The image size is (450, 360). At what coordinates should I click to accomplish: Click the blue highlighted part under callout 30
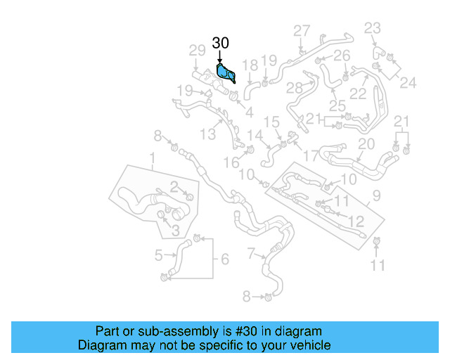(226, 72)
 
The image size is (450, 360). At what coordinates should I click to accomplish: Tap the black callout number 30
(220, 44)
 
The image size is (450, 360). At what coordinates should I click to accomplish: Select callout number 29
(198, 50)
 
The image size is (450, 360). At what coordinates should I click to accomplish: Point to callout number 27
(302, 31)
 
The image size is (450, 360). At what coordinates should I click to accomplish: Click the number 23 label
(372, 28)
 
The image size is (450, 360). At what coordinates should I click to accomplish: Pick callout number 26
(342, 56)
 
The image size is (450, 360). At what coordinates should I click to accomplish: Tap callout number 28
(295, 88)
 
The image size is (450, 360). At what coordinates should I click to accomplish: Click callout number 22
(359, 94)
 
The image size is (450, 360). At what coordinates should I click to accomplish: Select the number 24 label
(409, 82)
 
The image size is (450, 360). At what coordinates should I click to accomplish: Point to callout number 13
(208, 134)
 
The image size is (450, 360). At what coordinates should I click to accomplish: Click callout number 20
(366, 144)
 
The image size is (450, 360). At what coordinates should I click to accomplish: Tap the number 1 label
(153, 167)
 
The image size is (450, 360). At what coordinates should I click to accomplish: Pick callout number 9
(376, 195)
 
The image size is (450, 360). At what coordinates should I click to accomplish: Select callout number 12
(356, 221)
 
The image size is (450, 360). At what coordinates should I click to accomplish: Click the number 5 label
(160, 255)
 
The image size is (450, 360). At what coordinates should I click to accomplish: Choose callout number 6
(224, 259)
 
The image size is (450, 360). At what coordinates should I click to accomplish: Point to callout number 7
(252, 252)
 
